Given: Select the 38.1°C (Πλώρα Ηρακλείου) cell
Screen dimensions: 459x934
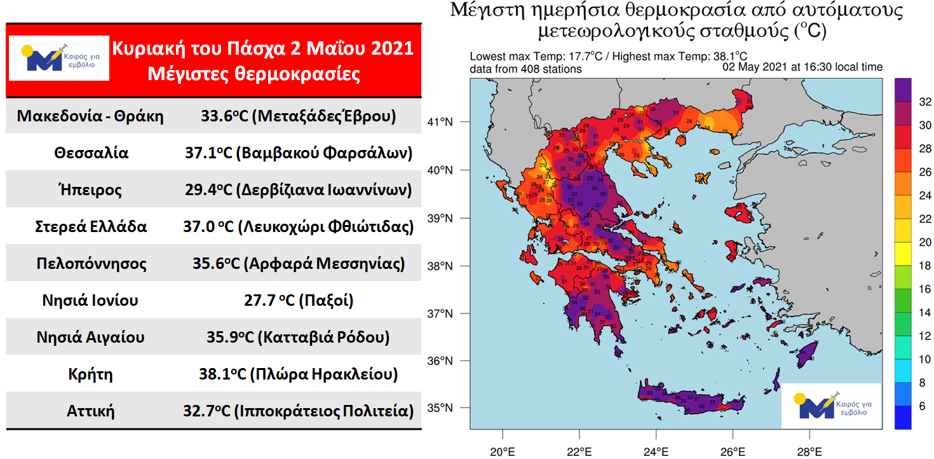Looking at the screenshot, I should pos(298,374).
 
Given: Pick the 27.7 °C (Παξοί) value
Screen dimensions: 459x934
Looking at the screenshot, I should pos(298,300).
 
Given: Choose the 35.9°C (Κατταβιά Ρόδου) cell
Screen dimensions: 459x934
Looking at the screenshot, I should pos(298,337).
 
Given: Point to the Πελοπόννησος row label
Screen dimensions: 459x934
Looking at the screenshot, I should pos(91,263).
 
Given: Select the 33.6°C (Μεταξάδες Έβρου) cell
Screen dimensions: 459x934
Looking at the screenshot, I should pos(298,116).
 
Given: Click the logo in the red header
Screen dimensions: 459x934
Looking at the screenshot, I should pos(58,58).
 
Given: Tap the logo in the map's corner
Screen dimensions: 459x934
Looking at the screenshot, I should pos(831,406).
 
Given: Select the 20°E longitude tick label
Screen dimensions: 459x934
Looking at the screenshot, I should pos(503,453).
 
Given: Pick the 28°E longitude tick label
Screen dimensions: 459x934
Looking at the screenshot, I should pos(809,453).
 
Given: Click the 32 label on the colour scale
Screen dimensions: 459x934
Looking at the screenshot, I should pos(924,102).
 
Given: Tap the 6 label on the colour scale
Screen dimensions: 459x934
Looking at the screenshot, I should pos(922,406).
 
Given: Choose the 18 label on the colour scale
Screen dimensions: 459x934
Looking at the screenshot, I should pos(924,265).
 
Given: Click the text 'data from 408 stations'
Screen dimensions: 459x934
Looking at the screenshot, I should pos(525,69).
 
